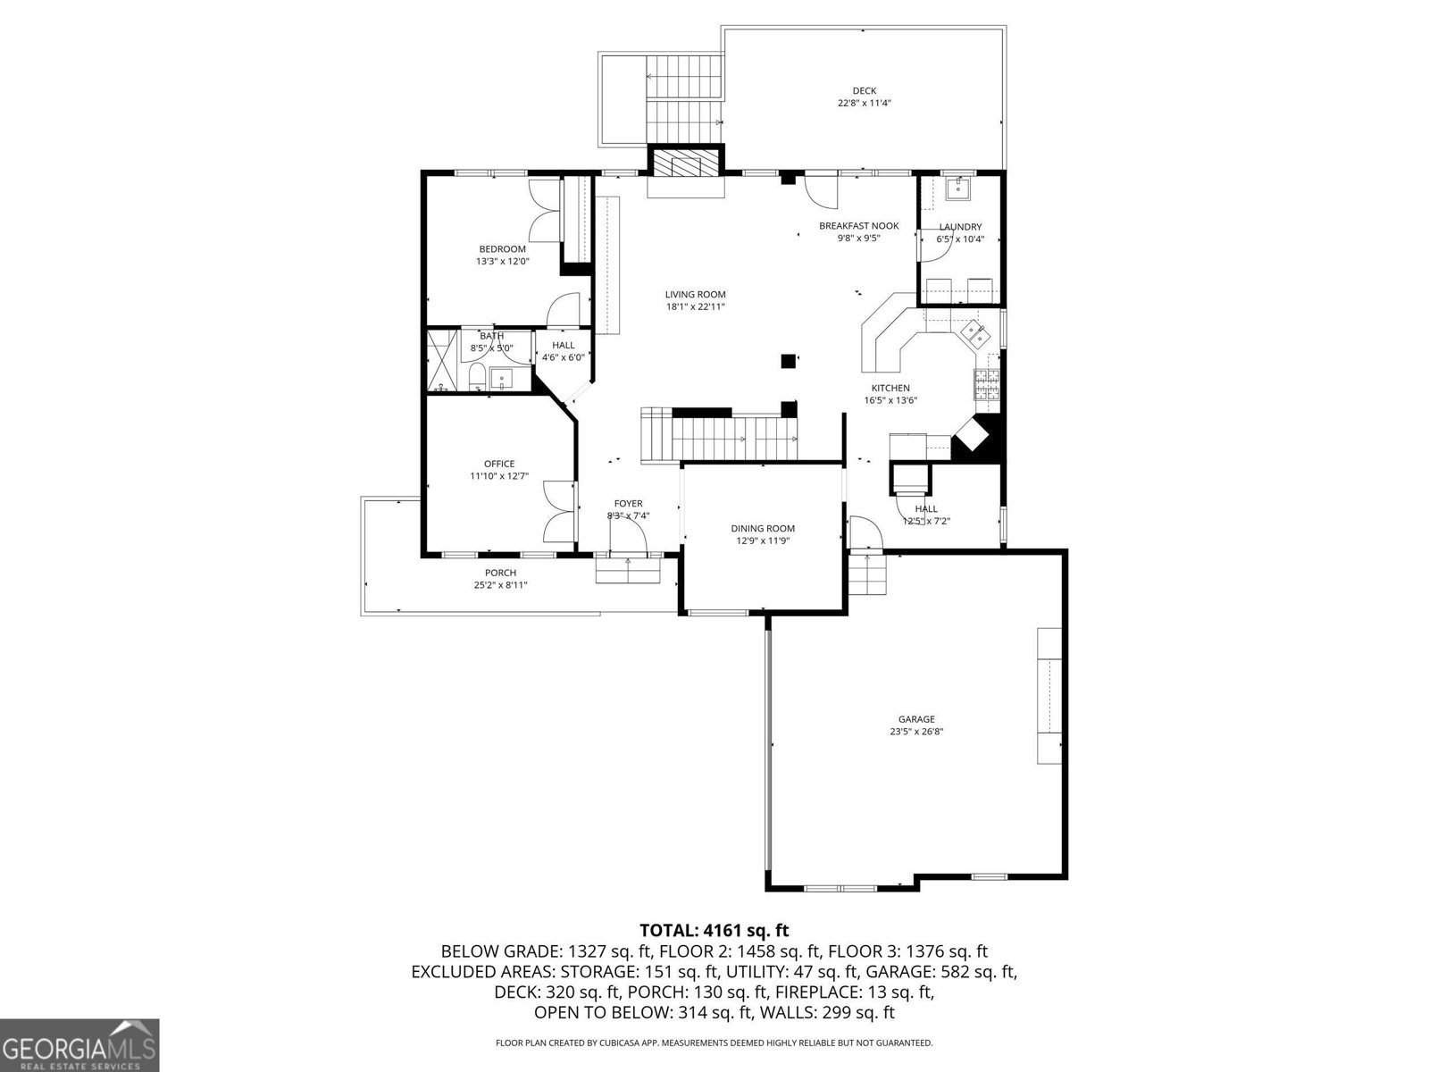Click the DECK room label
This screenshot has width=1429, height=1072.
pos(864,90)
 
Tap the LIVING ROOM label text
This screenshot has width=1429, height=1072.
pos(695,294)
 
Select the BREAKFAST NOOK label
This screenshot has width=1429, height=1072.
pos(858,226)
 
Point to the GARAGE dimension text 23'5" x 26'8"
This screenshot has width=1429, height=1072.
pos(916,731)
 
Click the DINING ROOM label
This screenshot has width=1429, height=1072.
pos(763,529)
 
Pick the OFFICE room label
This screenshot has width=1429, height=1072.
pos(499,464)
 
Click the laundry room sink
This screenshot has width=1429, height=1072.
pos(958,188)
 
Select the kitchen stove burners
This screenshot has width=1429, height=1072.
pos(985,384)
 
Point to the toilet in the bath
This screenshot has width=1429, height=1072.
pos(476,378)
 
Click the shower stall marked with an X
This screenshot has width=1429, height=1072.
pos(442,361)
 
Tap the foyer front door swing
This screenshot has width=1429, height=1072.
pos(627,538)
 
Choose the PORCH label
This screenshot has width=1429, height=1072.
pos(500,573)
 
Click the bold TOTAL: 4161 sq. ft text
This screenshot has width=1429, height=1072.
pos(714,930)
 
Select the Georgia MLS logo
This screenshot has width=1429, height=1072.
pos(79,1044)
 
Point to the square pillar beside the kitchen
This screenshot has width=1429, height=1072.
pos(789,361)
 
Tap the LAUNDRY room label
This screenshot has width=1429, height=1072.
pos(960,227)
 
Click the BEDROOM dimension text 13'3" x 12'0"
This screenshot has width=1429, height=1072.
pos(502,262)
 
